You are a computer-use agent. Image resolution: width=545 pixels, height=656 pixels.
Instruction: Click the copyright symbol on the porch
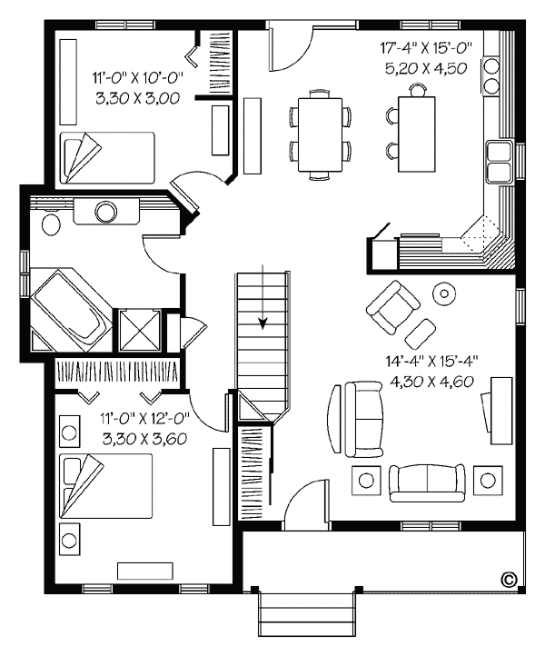pyautogui.click(x=509, y=579)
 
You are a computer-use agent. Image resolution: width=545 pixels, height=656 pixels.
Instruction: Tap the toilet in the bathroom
pyautogui.click(x=51, y=224)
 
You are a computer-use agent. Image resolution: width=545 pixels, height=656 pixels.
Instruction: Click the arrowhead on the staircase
pyautogui.click(x=263, y=323)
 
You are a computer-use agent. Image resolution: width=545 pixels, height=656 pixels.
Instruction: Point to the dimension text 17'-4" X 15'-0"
pyautogui.click(x=426, y=47)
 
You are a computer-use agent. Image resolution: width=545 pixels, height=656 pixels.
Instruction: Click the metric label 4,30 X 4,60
pyautogui.click(x=431, y=381)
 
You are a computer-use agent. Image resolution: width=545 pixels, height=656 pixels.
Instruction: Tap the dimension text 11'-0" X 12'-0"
pyautogui.click(x=144, y=418)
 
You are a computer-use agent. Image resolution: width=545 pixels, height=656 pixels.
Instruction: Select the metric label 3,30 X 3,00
pyautogui.click(x=137, y=98)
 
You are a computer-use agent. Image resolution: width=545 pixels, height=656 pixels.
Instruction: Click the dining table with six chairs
pyautogui.click(x=320, y=134)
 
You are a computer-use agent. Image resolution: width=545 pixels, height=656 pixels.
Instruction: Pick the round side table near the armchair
pyautogui.click(x=444, y=293)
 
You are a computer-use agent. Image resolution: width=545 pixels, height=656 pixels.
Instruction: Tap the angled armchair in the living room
pyautogui.click(x=392, y=307)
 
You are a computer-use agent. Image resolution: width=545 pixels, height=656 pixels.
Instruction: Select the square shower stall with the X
pyautogui.click(x=139, y=330)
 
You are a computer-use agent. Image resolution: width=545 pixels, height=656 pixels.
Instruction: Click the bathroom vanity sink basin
pyautogui.click(x=106, y=212)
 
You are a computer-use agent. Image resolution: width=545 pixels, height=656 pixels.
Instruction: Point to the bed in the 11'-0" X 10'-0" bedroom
pyautogui.click(x=107, y=158)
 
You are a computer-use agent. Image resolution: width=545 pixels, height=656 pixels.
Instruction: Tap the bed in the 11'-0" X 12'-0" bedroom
pyautogui.click(x=106, y=486)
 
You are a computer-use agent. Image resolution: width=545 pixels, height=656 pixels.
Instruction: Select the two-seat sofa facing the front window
pyautogui.click(x=427, y=482)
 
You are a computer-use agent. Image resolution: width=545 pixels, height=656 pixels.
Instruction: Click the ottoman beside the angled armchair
pyautogui.click(x=421, y=333)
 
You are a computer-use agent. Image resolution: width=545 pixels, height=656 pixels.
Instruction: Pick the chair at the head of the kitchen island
pyautogui.click(x=418, y=90)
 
